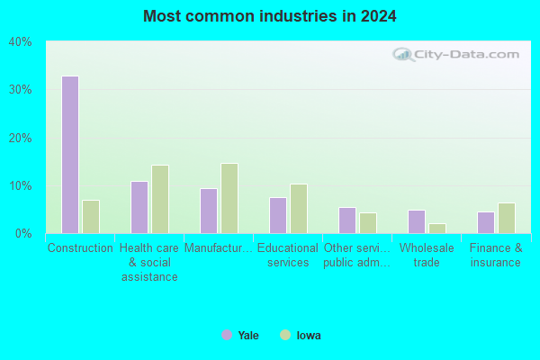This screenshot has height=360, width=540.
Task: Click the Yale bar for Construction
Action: pyautogui.click(x=70, y=155)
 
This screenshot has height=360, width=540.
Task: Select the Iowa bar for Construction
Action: pyautogui.click(x=91, y=217)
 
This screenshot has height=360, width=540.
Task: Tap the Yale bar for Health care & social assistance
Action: pyautogui.click(x=139, y=207)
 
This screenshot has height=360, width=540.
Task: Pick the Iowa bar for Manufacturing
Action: pyautogui.click(x=229, y=198)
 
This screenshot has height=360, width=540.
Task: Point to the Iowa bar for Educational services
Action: pyautogui.click(x=299, y=209)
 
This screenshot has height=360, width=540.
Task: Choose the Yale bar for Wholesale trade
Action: pyautogui.click(x=417, y=222)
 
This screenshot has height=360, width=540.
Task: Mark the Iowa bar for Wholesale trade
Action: pyautogui.click(x=437, y=229)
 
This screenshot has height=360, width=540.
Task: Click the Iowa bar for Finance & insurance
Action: pyautogui.click(x=507, y=218)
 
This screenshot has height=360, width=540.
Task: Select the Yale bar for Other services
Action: pyautogui.click(x=347, y=220)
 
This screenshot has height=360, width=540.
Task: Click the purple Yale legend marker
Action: pyautogui.click(x=227, y=335)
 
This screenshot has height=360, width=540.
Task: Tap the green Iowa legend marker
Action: pyautogui.click(x=285, y=335)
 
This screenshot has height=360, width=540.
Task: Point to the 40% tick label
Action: pyautogui.click(x=20, y=42)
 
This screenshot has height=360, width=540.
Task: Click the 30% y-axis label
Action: pyautogui.click(x=20, y=90)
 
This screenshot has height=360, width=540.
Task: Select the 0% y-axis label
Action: pyautogui.click(x=23, y=234)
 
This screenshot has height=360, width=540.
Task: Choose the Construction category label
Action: pyautogui.click(x=80, y=247)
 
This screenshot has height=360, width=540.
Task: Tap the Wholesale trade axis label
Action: pyautogui.click(x=427, y=255)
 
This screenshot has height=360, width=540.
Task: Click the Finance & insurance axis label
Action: pyautogui.click(x=496, y=255)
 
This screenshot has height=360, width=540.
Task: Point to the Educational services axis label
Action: pyautogui.click(x=288, y=255)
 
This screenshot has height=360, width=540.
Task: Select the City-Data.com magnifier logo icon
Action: pyautogui.click(x=403, y=54)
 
